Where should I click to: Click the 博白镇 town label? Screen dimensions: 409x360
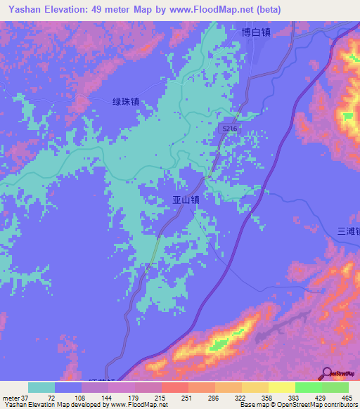coord(256,32)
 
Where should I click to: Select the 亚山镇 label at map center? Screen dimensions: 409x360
coord(186,200)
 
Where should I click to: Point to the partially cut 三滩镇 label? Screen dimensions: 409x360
coord(348,231)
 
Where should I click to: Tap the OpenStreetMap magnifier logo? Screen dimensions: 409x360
coord(327,372)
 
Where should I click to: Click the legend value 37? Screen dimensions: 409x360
coord(25,397)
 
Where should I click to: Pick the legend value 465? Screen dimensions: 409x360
coord(346,397)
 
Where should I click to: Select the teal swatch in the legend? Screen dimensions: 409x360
coord(41,387)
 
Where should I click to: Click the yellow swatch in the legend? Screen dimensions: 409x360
coord(281,387)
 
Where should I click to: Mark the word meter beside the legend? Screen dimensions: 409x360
coord(11,397)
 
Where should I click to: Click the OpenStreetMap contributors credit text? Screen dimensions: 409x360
coord(298,404)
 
